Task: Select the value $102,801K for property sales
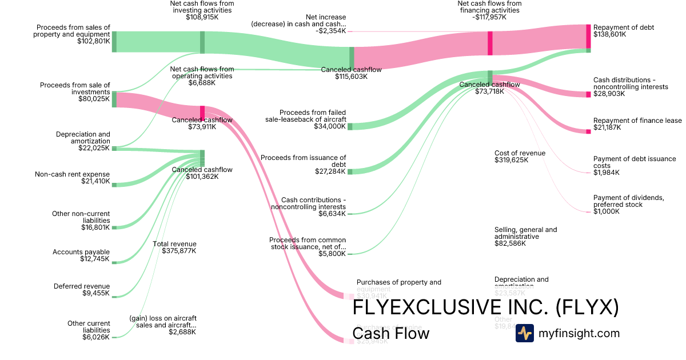point(93,41)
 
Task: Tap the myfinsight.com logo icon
point(524,333)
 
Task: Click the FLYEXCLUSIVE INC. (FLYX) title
point(485,307)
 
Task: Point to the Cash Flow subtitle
point(390,333)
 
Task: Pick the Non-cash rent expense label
point(72,174)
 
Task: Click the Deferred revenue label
point(82,286)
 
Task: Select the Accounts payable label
point(81,252)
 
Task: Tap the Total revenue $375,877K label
point(174,247)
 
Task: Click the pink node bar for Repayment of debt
point(588,37)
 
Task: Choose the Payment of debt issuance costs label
point(635,162)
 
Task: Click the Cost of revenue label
point(520,153)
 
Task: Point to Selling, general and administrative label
point(525,233)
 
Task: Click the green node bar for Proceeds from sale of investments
point(114,99)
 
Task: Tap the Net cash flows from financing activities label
point(489,7)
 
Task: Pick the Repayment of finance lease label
point(637,121)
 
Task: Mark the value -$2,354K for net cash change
point(330,31)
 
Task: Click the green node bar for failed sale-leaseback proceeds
point(350,126)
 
